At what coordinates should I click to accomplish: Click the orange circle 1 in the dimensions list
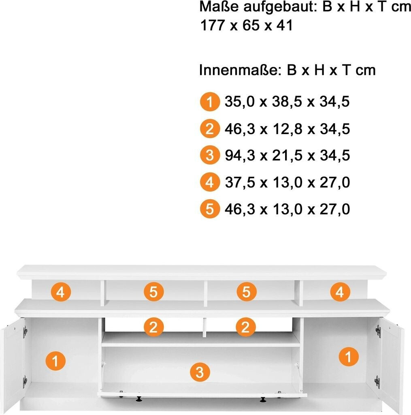click(x=210, y=102)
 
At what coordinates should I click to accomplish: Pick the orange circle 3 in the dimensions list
click(x=210, y=155)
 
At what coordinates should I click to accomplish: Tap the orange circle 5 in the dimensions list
click(x=210, y=209)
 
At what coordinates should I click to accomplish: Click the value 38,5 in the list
click(x=287, y=102)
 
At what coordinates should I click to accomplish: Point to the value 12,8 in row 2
click(x=287, y=129)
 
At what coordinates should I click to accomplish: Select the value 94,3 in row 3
click(x=240, y=155)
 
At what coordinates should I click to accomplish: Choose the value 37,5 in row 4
click(x=240, y=182)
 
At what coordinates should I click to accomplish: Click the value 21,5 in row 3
click(x=287, y=155)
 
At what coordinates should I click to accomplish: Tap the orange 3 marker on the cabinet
click(x=200, y=372)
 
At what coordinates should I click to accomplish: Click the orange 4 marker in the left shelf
click(x=61, y=292)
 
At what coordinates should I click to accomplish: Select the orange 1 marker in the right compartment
click(x=349, y=357)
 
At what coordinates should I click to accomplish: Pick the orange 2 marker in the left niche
click(x=153, y=327)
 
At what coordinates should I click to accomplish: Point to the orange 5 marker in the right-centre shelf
click(x=247, y=292)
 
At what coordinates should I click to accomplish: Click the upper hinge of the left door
click(x=25, y=332)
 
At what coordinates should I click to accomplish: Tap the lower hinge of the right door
click(x=377, y=382)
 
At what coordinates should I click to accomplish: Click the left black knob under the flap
click(x=138, y=399)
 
